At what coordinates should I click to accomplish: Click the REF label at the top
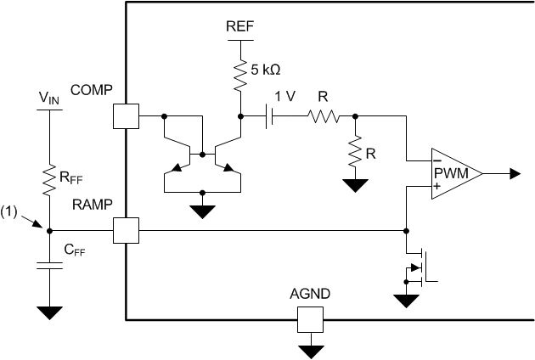click(x=239, y=25)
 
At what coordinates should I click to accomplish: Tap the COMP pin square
click(x=126, y=115)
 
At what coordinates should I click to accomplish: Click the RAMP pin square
click(x=126, y=229)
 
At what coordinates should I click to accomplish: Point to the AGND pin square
click(x=312, y=320)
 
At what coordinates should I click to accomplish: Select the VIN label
click(x=49, y=98)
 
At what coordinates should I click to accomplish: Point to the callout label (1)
click(x=13, y=211)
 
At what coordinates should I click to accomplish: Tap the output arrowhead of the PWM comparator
click(x=515, y=173)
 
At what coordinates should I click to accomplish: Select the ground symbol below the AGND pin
click(x=312, y=350)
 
